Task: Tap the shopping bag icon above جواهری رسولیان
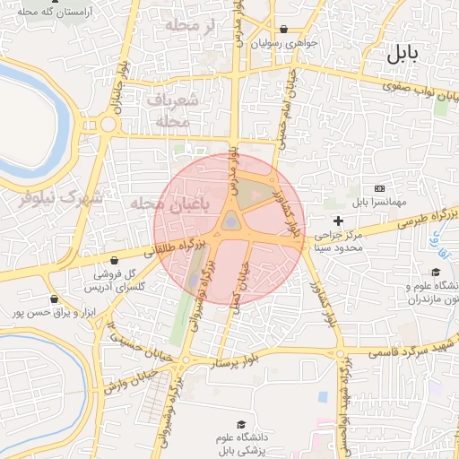[x=283, y=29]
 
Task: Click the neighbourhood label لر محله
[x=186, y=27]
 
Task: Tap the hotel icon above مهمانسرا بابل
[x=379, y=188]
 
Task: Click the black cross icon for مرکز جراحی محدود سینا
[x=338, y=221]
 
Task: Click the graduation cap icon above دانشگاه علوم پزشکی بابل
[x=240, y=424]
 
